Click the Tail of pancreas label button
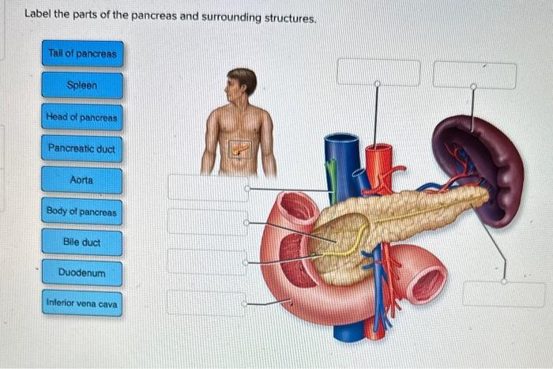[82, 54]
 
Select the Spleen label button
[82, 85]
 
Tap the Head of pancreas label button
[82, 118]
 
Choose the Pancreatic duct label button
[82, 149]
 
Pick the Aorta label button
[82, 180]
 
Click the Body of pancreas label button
[82, 212]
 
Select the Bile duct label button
[82, 243]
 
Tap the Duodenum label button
[82, 273]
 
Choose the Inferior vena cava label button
[82, 303]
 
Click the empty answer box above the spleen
[474, 74]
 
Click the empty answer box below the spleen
[503, 294]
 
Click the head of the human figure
[241, 83]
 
